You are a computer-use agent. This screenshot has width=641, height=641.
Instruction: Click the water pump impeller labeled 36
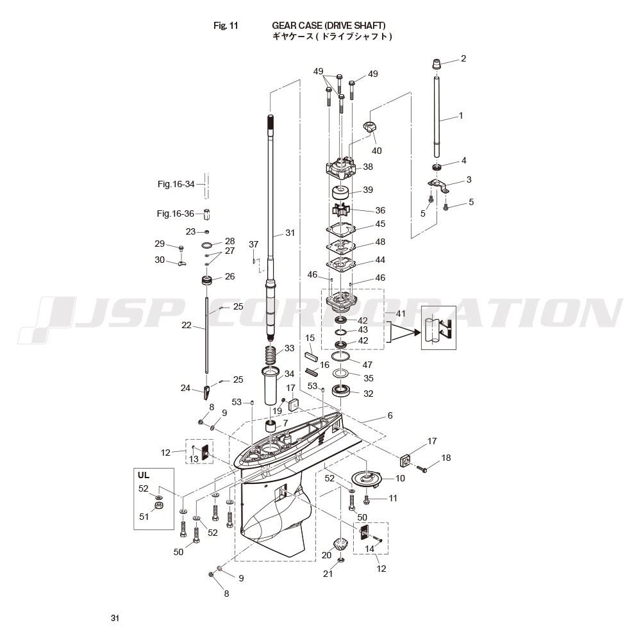click(340, 210)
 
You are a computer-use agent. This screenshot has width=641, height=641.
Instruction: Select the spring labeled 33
click(271, 355)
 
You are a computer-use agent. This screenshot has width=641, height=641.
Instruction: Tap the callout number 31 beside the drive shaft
click(290, 233)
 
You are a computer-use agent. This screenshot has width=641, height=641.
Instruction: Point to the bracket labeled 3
click(438, 185)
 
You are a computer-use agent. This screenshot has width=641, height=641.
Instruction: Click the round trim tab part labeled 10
click(367, 478)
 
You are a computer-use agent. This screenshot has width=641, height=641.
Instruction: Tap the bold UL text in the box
click(144, 475)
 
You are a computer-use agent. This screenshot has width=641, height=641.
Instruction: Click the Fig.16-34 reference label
click(176, 185)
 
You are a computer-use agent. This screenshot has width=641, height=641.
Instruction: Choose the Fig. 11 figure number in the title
click(226, 26)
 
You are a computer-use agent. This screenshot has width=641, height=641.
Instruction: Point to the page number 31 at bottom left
click(115, 618)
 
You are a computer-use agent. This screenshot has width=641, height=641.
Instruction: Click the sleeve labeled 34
click(271, 385)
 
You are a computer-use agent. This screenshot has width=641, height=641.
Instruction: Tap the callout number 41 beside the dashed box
click(401, 313)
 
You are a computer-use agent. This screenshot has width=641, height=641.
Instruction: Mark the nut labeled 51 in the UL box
click(158, 506)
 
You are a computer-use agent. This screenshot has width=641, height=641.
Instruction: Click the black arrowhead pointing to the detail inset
click(416, 332)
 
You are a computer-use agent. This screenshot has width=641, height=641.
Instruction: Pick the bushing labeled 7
click(271, 426)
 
